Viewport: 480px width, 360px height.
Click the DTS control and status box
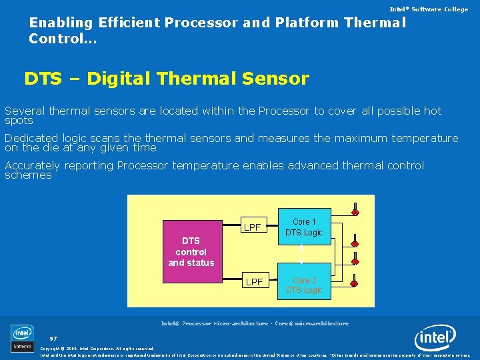[x=191, y=244]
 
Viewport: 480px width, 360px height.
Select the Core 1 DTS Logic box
[x=303, y=227]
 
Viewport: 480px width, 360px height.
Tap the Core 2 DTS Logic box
[x=303, y=285]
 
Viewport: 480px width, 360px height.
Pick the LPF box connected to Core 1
[x=252, y=227]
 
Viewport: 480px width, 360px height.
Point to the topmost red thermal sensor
[x=355, y=213]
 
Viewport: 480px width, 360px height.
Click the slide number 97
[x=53, y=338]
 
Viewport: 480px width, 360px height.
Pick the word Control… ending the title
[x=63, y=39]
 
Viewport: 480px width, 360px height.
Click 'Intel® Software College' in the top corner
[x=429, y=9]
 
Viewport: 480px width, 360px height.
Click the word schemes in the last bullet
[x=28, y=175]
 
